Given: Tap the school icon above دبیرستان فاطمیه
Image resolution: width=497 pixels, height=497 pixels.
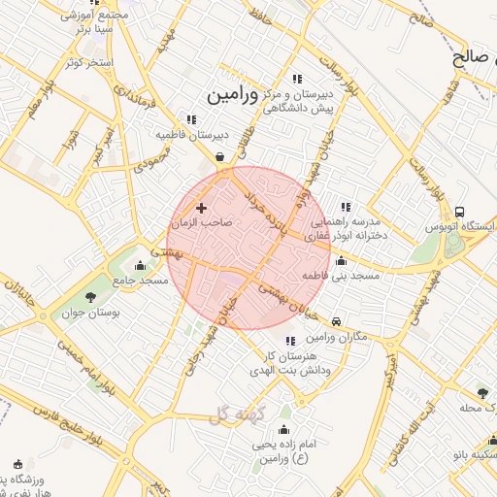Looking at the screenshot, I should point(191,119).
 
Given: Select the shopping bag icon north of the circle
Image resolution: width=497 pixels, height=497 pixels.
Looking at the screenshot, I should point(220,156).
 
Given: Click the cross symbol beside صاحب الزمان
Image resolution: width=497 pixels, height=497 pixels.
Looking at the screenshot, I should point(202,208).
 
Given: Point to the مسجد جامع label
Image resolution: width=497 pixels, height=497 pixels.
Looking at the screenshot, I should point(140,281).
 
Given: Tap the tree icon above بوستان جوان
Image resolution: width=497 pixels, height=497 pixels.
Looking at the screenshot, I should point(90,297).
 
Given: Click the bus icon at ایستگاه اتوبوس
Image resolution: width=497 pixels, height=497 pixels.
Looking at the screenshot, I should point(459,213).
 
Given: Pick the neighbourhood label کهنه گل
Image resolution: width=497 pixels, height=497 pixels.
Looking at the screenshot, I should point(236,414).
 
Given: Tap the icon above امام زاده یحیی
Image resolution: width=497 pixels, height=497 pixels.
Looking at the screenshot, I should point(284,429).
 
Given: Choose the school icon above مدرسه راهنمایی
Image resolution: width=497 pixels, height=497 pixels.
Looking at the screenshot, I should point(345,207).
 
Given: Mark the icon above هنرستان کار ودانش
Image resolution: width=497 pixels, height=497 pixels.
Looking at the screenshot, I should point(291,341).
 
